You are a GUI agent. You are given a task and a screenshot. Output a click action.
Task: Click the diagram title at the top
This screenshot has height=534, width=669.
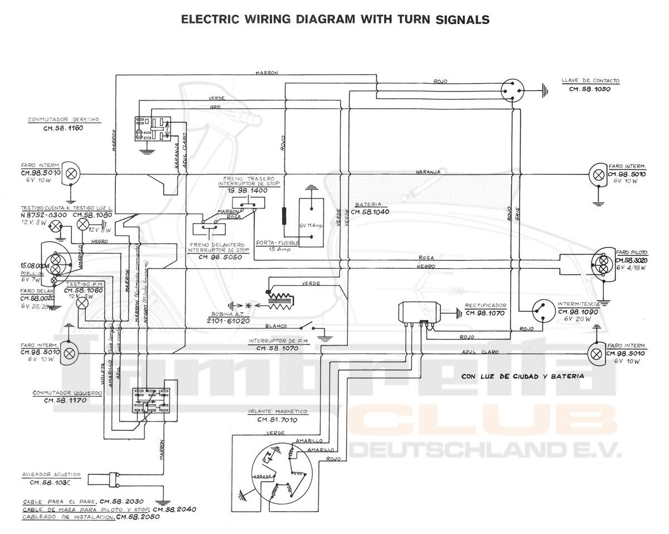click(x=336, y=20)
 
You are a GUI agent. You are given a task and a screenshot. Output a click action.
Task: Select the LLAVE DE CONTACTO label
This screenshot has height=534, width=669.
click(x=590, y=81)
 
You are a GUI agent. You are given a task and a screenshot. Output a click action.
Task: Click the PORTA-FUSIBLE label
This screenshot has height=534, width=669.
click(x=277, y=243)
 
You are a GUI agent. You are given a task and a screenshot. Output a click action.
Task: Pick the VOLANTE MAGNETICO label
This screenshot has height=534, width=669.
click(x=278, y=412)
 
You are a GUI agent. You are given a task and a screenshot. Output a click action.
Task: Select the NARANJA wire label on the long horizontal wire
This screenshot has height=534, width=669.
click(x=428, y=172)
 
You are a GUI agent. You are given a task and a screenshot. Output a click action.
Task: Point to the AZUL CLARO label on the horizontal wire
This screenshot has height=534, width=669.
click(x=480, y=352)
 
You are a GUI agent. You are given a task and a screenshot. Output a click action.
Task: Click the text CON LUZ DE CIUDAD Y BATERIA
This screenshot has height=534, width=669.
click(x=522, y=376)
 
